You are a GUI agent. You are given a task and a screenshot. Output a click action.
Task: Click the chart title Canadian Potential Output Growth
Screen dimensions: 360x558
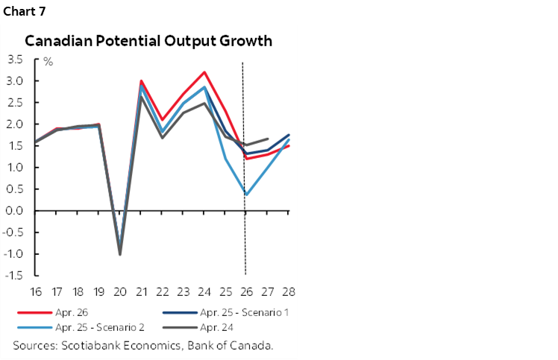point(148,40)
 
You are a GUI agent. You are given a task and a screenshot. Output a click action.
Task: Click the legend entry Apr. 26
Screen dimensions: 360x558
point(70,312)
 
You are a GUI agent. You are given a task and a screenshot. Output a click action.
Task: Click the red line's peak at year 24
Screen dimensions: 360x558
point(204,72)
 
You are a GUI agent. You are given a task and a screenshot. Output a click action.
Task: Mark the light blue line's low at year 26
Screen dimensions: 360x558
point(246,195)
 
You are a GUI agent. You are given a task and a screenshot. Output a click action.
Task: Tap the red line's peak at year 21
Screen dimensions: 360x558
point(141,81)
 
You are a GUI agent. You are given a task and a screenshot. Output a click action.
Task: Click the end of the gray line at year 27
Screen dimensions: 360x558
point(268,139)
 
